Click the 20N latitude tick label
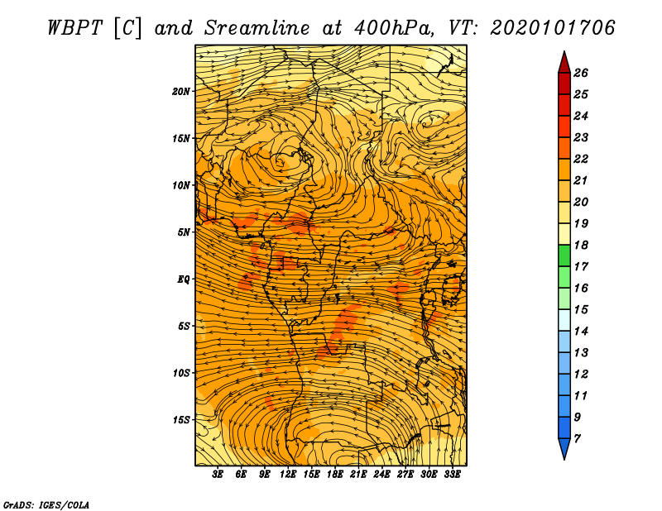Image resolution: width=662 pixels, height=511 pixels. point(180,91)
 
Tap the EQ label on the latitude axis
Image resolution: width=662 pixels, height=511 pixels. point(183,279)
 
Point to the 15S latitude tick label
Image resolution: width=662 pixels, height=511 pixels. point(181,420)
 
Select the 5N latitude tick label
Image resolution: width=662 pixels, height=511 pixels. point(184,232)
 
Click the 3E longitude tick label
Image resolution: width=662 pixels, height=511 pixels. point(218,475)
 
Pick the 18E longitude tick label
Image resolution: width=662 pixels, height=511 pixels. point(335,475)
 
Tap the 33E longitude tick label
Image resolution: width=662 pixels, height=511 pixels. point(452,475)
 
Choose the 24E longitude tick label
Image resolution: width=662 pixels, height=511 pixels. point(381,475)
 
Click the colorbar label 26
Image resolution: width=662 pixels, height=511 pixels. point(581,73)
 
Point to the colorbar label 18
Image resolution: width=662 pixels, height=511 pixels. point(581,245)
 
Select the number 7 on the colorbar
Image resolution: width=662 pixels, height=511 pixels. point(577,439)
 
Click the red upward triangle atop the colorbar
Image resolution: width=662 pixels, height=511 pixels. point(564,63)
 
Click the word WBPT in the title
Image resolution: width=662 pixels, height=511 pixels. point(75,28)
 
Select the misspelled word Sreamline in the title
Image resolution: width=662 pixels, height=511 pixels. point(257,28)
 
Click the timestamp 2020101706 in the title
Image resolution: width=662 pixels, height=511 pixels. point(553,28)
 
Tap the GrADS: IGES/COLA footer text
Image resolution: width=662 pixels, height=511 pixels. point(46,505)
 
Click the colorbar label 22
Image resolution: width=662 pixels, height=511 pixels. point(581,159)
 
